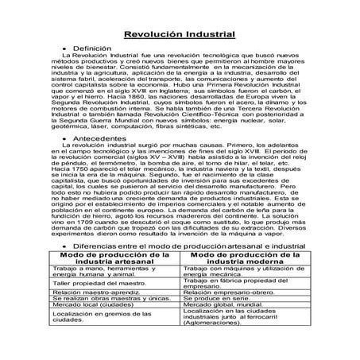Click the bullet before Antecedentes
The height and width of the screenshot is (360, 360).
pyautogui.click(x=63, y=138)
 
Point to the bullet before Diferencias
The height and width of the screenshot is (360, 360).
pyautogui.click(x=63, y=247)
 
